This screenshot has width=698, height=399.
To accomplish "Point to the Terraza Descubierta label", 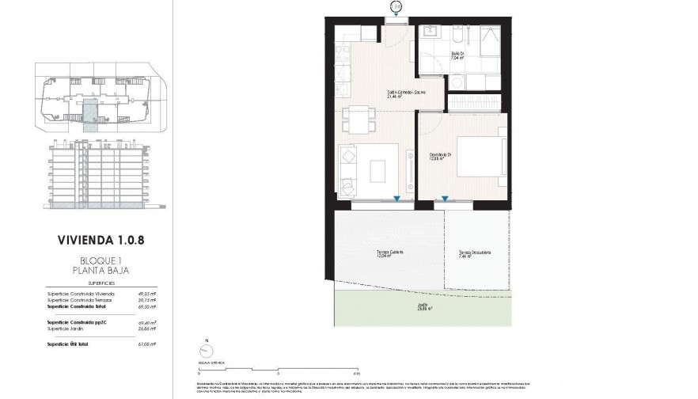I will [475, 254].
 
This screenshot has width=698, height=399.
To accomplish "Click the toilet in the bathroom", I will [458, 82].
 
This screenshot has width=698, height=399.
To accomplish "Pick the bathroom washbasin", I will [432, 33].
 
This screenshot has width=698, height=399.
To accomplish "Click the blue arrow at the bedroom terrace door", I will [446, 199].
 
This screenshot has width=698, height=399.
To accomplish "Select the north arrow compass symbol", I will [207, 351].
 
